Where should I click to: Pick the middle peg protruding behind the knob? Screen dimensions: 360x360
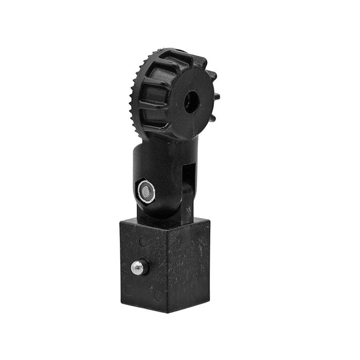click(x=217, y=96)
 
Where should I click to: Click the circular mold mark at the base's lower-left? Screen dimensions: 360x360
click(x=128, y=291)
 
